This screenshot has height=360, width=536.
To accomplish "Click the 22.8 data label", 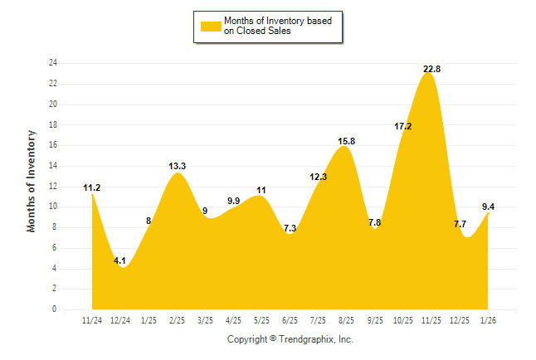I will click(x=431, y=69).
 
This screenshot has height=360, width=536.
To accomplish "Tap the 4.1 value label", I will click(x=119, y=260).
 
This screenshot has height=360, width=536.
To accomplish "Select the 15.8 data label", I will click(x=346, y=141).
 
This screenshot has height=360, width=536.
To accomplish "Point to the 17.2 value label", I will click(x=403, y=126).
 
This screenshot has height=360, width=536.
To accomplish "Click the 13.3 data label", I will click(x=177, y=166).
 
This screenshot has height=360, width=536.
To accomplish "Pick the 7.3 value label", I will click(x=290, y=228).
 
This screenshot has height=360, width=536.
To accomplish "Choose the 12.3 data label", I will click(x=318, y=177).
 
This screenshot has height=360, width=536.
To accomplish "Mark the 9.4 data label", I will click(x=490, y=207).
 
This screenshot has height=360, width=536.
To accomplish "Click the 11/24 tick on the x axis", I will click(x=92, y=320).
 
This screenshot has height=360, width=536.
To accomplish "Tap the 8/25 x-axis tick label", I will click(x=346, y=320).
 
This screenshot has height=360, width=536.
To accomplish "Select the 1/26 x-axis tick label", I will click(x=488, y=320).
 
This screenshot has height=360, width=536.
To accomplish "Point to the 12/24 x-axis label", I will click(x=120, y=320).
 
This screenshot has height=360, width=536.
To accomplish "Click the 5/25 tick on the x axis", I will click(x=261, y=320).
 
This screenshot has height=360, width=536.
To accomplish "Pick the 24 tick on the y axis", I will click(x=53, y=63).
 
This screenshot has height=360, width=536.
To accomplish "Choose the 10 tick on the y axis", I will click(x=53, y=207).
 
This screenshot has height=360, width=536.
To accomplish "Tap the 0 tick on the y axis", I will click(x=55, y=309).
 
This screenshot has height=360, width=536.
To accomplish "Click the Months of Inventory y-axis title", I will click(x=32, y=181).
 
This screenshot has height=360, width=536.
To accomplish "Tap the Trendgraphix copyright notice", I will click(x=290, y=339).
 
